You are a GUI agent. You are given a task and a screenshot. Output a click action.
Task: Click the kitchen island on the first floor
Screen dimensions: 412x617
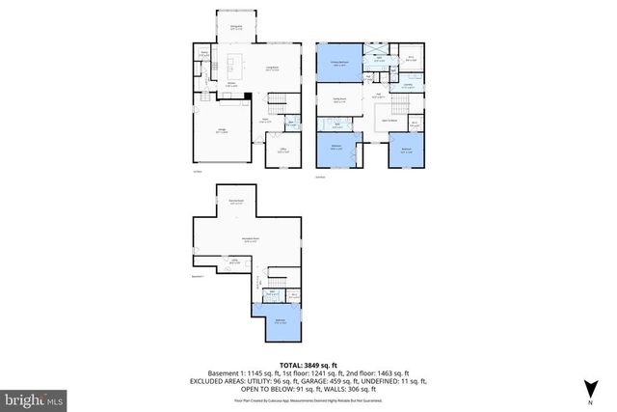tap(231, 70)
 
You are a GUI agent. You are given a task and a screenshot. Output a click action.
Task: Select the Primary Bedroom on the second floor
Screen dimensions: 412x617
tap(339, 65)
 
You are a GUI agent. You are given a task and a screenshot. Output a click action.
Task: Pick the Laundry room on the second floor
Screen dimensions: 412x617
tap(408, 85)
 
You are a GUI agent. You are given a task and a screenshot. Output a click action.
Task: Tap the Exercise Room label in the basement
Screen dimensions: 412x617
tap(235, 203)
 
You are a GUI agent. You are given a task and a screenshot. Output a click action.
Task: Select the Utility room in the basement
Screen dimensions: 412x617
tap(234, 260)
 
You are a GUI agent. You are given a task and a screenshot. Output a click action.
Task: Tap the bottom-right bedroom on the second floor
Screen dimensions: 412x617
tap(407, 150)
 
